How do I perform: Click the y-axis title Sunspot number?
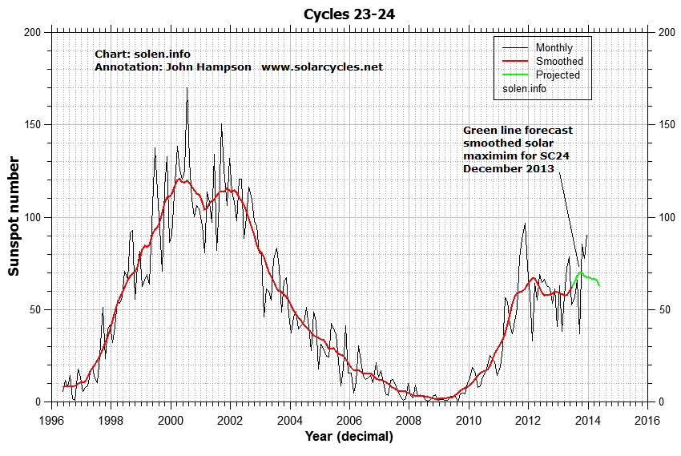click(x=14, y=216)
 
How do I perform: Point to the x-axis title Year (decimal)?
click(x=349, y=437)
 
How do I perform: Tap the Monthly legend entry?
click(x=554, y=47)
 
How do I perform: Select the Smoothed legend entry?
click(x=558, y=61)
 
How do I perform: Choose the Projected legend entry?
click(x=557, y=75)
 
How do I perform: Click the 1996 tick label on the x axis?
click(x=52, y=419)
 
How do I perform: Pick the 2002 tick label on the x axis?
click(x=230, y=419)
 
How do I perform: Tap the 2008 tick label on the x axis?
click(x=409, y=419)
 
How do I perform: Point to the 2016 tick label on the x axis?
click(x=647, y=419)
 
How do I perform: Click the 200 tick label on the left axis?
click(x=33, y=32)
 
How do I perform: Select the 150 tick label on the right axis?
click(x=665, y=125)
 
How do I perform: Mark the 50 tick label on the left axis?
click(x=36, y=309)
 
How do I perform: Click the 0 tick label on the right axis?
click(x=659, y=402)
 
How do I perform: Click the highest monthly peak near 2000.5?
click(x=187, y=88)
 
